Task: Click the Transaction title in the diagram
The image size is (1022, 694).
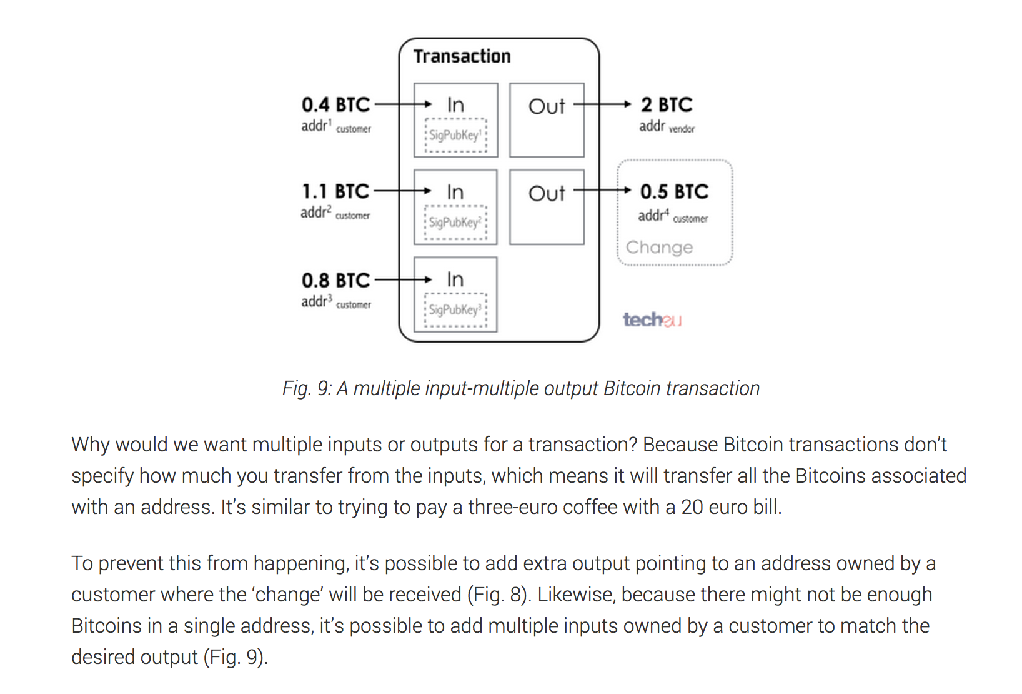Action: coord(462,56)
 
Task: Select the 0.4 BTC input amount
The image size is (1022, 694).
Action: coord(335,104)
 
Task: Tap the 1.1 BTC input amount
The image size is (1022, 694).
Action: coord(335,191)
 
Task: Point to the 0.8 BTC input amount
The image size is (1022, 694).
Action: coord(335,280)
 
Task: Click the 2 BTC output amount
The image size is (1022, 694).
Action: coord(667,104)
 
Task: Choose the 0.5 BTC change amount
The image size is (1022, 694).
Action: coord(674,191)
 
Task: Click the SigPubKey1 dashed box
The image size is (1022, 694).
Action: coord(456,135)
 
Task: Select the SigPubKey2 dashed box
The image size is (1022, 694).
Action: coord(456,223)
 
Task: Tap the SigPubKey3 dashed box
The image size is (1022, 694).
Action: coord(456,310)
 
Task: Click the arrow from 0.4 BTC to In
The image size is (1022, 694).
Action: coord(404,104)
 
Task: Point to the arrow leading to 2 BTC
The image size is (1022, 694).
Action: coord(602,104)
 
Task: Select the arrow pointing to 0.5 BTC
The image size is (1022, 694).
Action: coord(602,191)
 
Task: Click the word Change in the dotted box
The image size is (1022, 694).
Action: coord(659,248)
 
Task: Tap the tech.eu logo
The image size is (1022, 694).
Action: coord(652,319)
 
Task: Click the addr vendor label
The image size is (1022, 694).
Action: coord(667,126)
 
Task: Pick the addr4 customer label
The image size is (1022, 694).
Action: coord(673,216)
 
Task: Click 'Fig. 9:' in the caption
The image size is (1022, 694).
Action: coord(307,388)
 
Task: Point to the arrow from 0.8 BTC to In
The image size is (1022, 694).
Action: coord(404,279)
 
